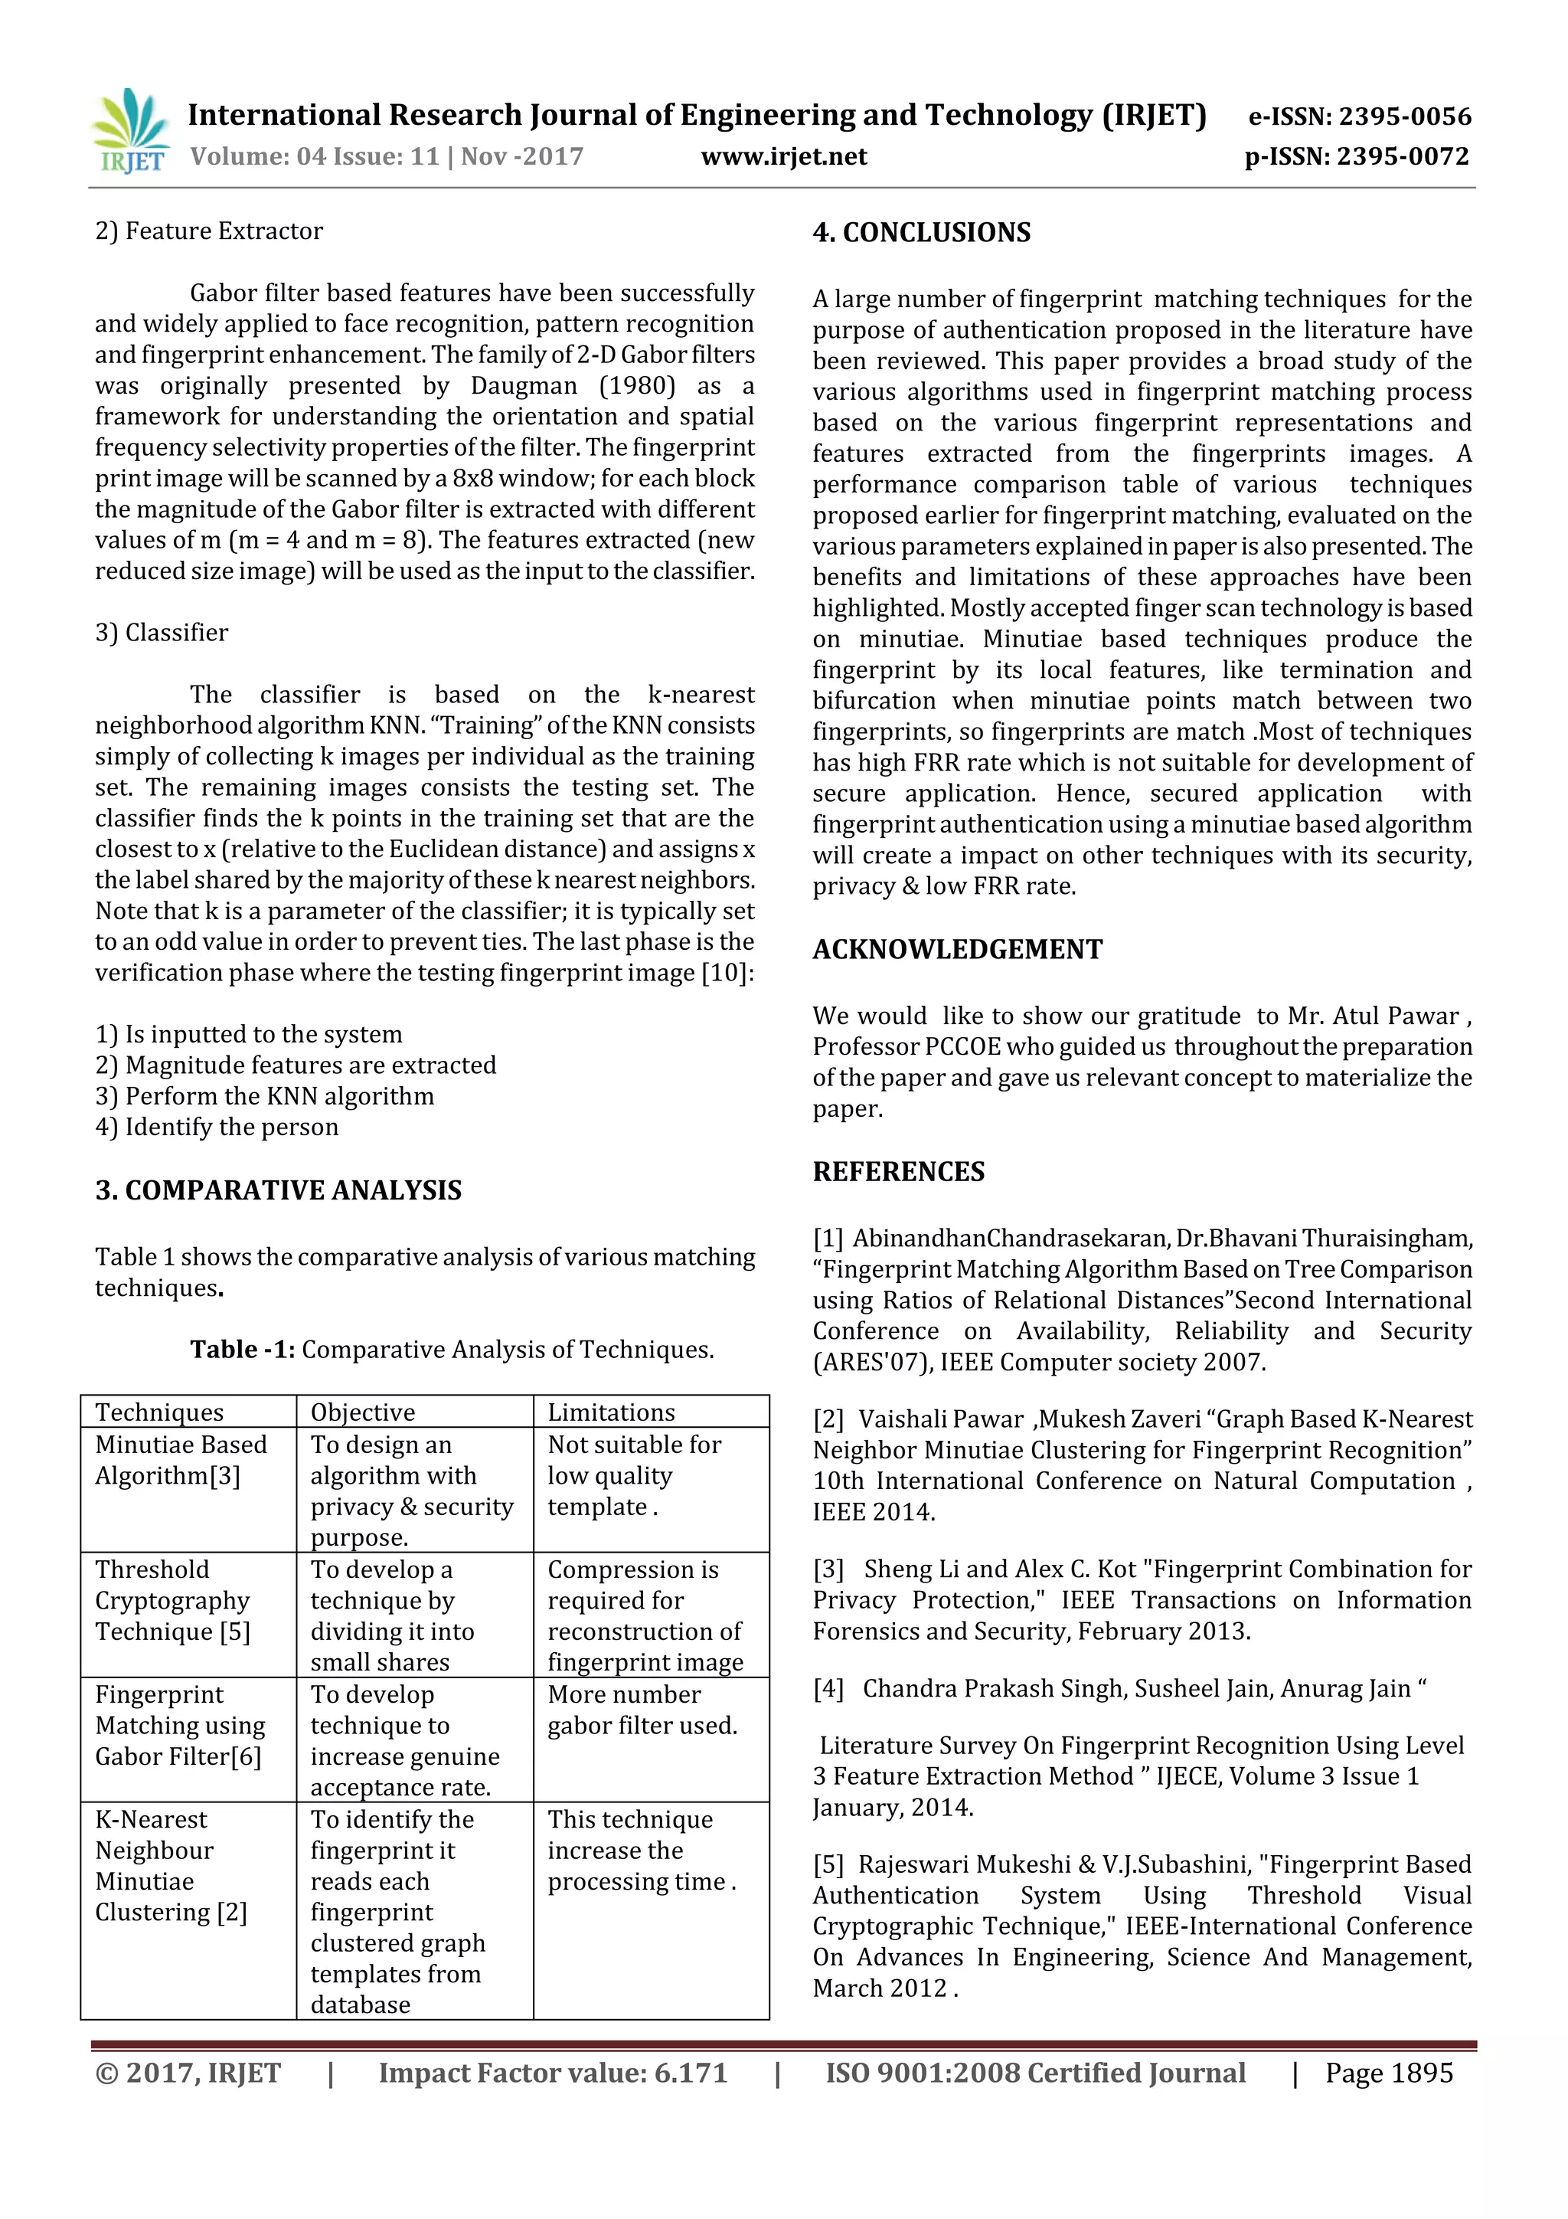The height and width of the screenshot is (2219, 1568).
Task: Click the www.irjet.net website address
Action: click(x=783, y=156)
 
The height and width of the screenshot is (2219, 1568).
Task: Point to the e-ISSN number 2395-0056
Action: click(x=1359, y=117)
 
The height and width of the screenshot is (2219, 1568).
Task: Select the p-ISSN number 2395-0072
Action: click(x=1357, y=156)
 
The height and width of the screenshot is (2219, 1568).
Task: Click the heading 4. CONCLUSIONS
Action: click(x=922, y=233)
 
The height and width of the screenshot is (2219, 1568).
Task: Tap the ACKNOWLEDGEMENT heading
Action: click(x=956, y=949)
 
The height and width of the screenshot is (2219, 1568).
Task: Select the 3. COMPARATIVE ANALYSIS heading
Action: click(x=278, y=1190)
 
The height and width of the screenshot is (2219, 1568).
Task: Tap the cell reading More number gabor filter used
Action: click(x=642, y=1710)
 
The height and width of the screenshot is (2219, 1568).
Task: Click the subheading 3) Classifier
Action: click(x=162, y=633)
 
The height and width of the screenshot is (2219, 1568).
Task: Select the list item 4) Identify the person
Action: click(x=217, y=1127)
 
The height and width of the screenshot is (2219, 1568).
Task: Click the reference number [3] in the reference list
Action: click(x=828, y=1569)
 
